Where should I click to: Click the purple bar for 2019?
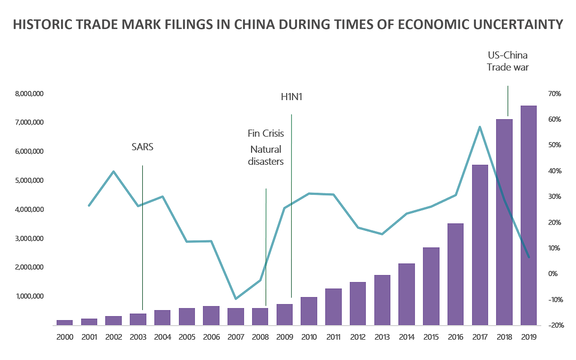(x=528, y=215)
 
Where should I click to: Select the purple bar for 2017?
(x=480, y=245)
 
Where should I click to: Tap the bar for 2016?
(x=455, y=274)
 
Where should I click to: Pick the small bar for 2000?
(x=65, y=323)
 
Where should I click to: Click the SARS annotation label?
(x=143, y=147)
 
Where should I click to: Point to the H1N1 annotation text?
(x=292, y=97)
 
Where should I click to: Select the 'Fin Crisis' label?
(x=266, y=133)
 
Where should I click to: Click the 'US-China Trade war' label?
(x=508, y=61)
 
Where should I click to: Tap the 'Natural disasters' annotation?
(x=266, y=155)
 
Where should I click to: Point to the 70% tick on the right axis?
(x=555, y=94)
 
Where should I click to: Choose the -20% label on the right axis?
(x=556, y=325)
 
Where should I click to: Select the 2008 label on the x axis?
(x=260, y=337)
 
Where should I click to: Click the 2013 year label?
(x=382, y=337)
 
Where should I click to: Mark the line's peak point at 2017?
(x=480, y=127)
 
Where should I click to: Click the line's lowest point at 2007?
(x=236, y=299)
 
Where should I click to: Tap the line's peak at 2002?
(x=114, y=171)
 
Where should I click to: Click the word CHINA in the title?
(x=254, y=25)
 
